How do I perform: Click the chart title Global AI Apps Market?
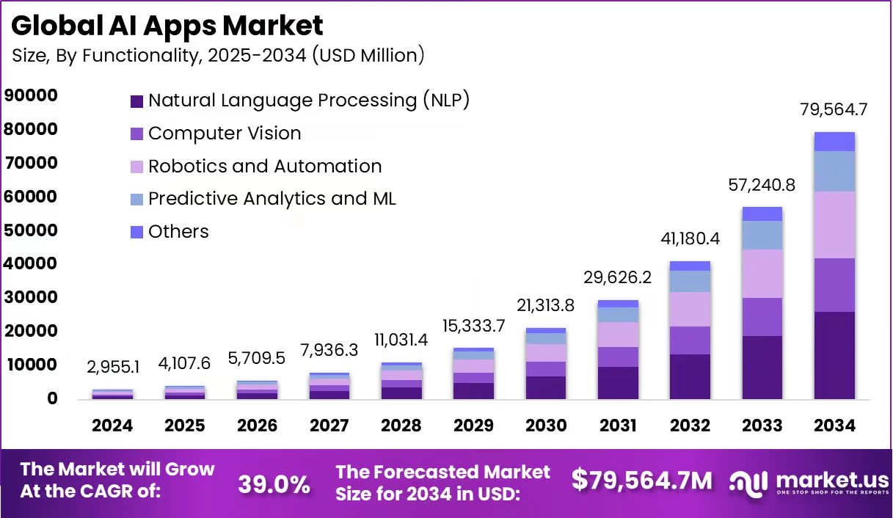167,26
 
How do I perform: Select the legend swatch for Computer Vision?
136,134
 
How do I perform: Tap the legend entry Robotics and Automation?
264,167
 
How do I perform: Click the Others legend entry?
178,232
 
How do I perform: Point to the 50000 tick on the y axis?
30,230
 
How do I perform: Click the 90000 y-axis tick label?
30,95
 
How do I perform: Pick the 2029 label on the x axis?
474,426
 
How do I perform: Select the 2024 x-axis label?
112,426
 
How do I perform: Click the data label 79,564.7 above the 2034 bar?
834,111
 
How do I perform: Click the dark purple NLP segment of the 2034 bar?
834,355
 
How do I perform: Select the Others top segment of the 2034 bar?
834,142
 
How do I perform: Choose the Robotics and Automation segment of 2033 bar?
762,274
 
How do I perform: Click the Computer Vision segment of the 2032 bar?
690,340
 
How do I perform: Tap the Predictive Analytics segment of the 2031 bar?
618,315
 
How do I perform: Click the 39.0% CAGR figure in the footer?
274,484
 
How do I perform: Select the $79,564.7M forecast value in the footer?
641,481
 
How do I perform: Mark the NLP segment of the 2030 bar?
546,387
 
